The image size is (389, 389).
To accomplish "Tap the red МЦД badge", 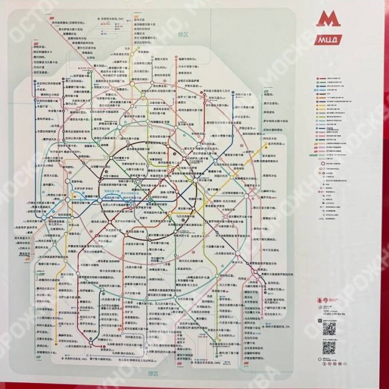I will tap(329, 41).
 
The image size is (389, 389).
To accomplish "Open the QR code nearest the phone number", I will tap(329, 328).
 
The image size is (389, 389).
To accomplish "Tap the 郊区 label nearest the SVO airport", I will tap(182, 35).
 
